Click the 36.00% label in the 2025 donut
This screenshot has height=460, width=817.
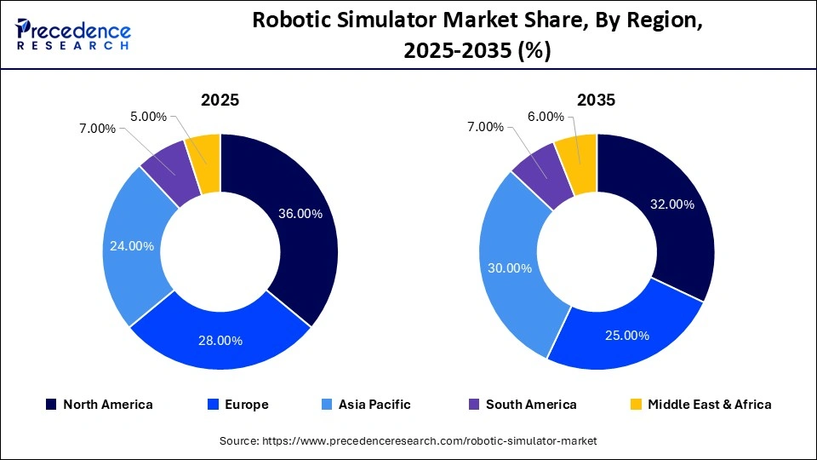[x=300, y=214]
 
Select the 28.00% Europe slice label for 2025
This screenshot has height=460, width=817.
[x=220, y=340]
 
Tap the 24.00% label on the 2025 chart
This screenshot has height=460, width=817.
[x=132, y=246]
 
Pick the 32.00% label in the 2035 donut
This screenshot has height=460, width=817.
[x=672, y=204]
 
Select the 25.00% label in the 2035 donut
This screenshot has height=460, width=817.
[x=627, y=335]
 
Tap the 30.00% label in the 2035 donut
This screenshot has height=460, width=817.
[x=511, y=268]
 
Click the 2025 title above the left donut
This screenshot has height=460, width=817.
[x=220, y=100]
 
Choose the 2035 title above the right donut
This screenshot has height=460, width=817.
[x=596, y=100]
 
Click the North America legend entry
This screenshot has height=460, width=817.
[x=100, y=405]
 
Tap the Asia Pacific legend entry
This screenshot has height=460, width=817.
[x=367, y=405]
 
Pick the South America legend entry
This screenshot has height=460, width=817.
[x=523, y=405]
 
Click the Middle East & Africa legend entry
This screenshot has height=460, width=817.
[x=701, y=405]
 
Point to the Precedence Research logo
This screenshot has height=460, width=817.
[x=73, y=35]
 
